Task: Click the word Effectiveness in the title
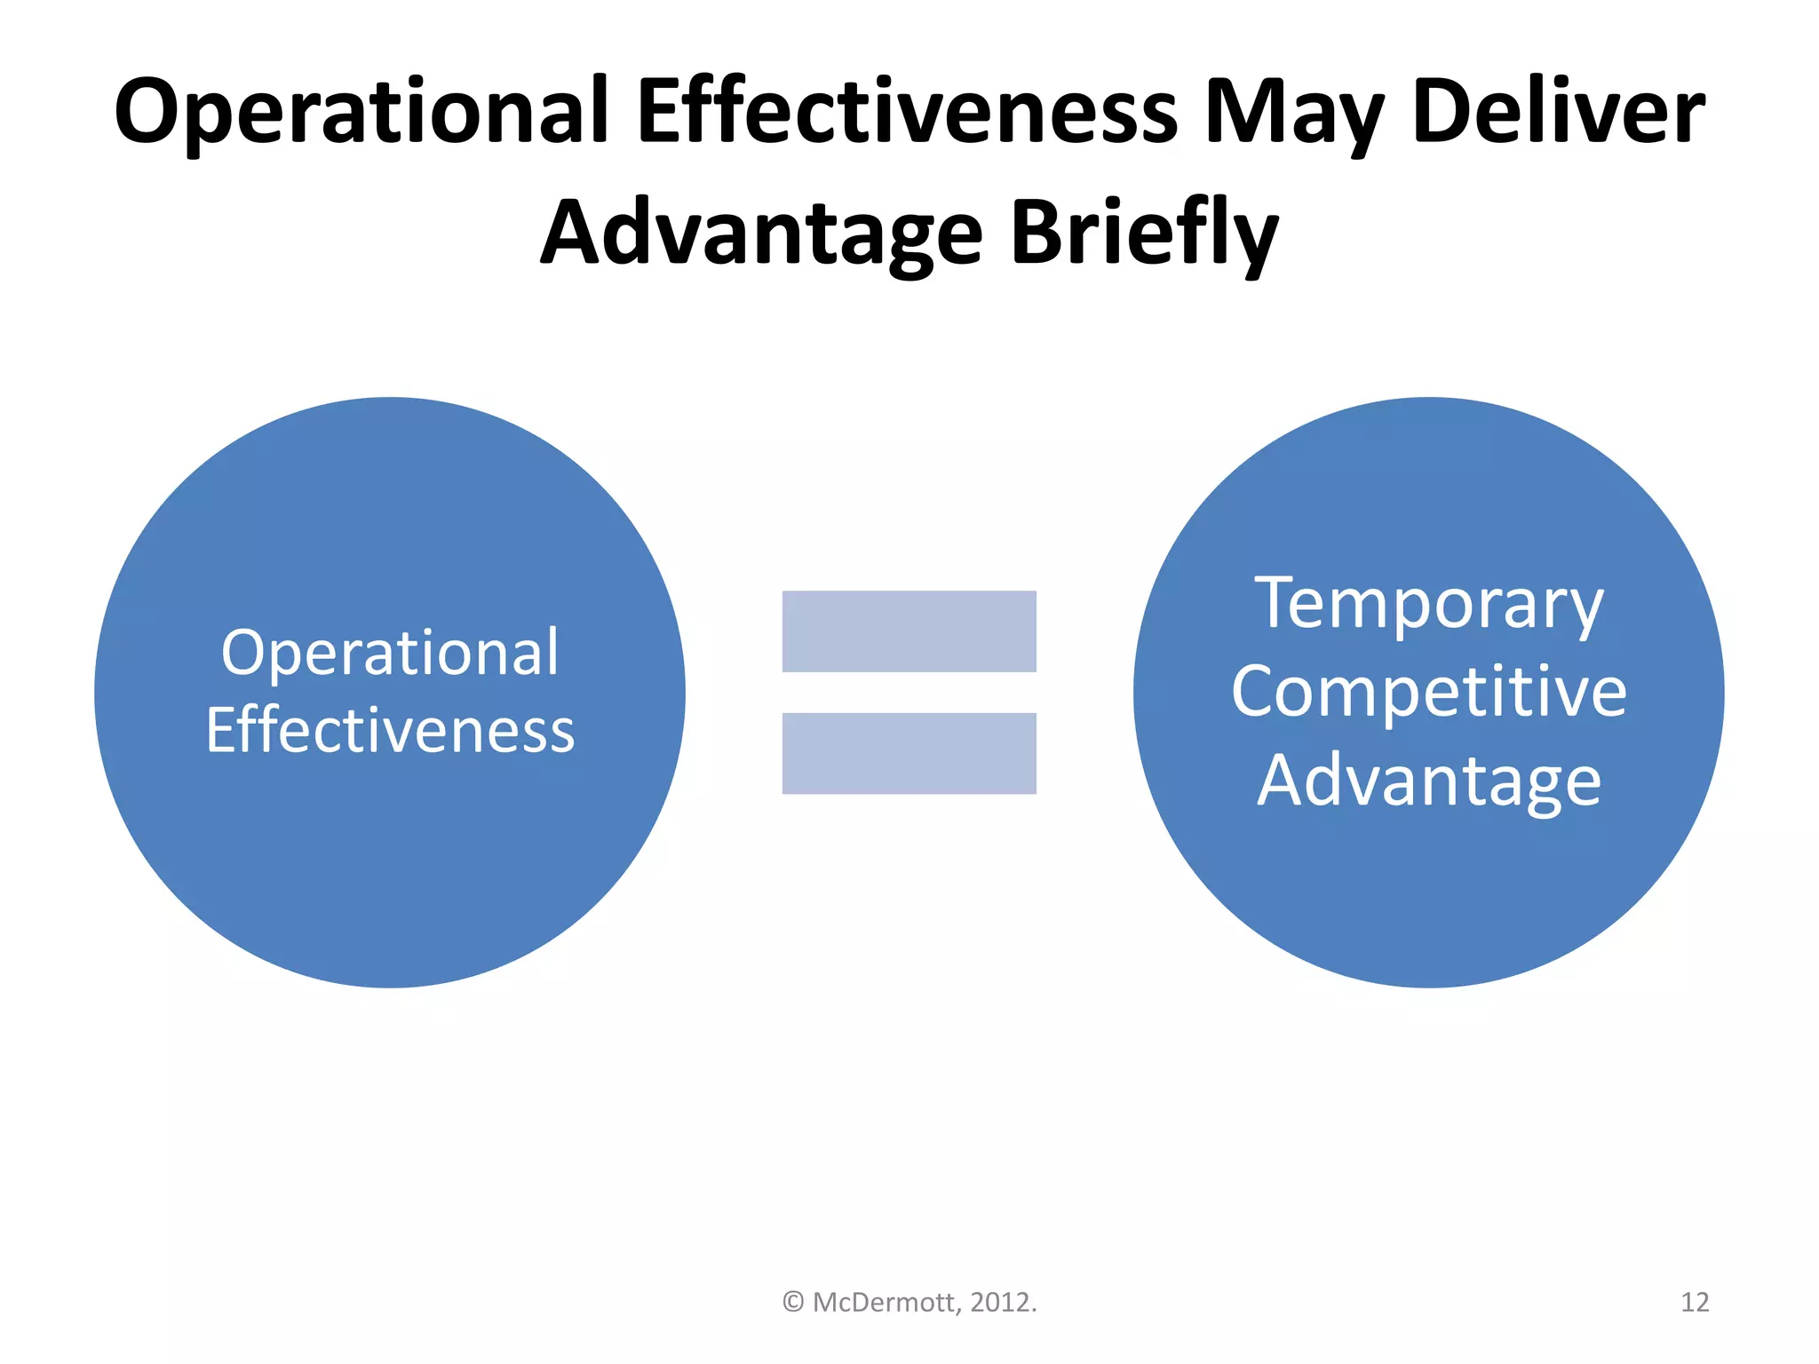tap(906, 112)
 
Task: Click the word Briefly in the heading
tap(1144, 233)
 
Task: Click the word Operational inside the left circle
tap(390, 654)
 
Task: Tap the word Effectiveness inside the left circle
tap(390, 730)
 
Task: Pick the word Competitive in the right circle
tap(1428, 693)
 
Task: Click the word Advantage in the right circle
tap(1428, 781)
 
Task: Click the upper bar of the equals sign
tap(909, 631)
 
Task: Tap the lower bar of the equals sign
tap(909, 753)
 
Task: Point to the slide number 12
tap(1695, 1303)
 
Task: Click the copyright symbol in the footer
tap(793, 1303)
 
